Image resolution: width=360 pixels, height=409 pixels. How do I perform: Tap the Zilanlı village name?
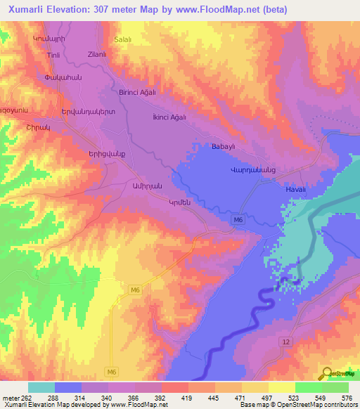[97, 53]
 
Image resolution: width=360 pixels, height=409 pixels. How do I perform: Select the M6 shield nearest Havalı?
[238, 220]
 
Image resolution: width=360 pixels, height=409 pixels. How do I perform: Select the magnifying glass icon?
[327, 374]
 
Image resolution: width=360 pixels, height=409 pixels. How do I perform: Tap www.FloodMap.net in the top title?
[237, 8]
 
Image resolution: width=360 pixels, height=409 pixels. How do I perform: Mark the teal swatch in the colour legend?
[41, 387]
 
